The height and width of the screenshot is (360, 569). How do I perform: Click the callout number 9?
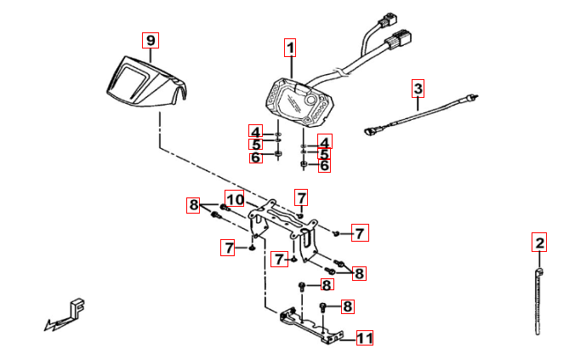pos(151,40)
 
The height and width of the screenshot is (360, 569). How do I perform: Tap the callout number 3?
pos(418,88)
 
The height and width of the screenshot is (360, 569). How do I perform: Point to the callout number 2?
pos(538,243)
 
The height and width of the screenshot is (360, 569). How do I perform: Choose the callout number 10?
pos(235,200)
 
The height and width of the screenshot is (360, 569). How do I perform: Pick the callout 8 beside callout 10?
pos(194,204)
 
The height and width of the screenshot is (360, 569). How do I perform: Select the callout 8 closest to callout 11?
pos(347,306)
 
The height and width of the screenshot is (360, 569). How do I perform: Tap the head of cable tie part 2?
pos(538,272)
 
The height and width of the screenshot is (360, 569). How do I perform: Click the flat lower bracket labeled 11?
pos(310,328)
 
